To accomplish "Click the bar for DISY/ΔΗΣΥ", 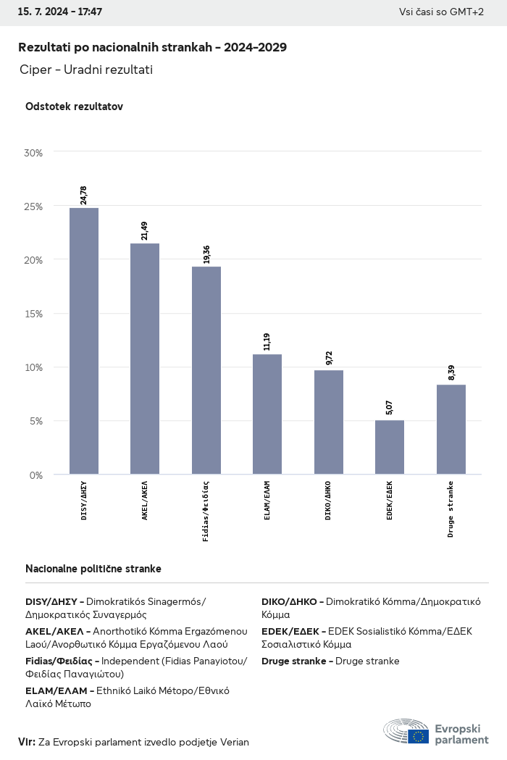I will point(84,341).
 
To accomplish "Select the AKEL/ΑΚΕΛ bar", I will point(145,359).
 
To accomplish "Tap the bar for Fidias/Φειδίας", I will point(206,370).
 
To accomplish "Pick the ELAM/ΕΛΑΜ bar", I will point(267,414).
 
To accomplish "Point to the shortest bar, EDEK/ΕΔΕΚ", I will point(390,447).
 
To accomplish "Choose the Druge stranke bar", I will point(451,430).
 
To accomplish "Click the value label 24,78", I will point(84,195).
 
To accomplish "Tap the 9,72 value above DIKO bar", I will point(329,358).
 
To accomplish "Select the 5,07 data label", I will point(390,407).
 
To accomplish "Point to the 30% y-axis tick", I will point(33,153).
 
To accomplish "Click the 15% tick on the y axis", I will point(33,314).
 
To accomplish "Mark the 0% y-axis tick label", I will point(35,475).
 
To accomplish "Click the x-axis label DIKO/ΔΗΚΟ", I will point(329,500).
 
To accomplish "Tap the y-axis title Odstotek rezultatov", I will point(74,107).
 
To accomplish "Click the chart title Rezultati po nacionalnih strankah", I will point(152,48).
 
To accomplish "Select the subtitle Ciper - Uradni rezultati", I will point(87,70).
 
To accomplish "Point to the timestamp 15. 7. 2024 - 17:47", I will point(60,12).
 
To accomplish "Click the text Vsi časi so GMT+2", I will point(441,12).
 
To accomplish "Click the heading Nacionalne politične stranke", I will point(93,569).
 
